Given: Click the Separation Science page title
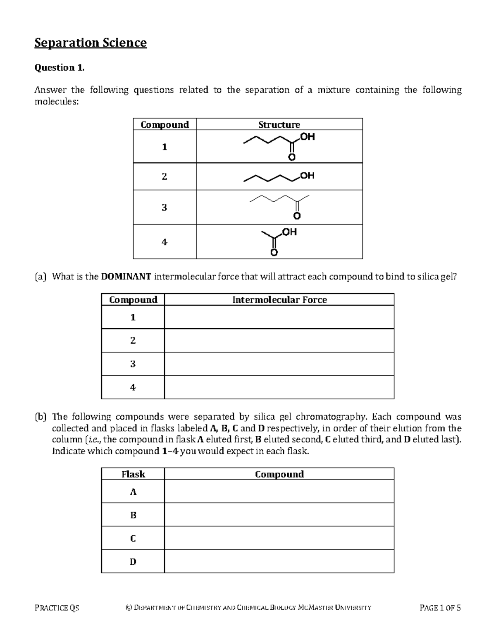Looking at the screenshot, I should (x=91, y=43).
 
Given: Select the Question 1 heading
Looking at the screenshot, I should (x=59, y=68).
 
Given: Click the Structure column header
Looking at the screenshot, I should (x=279, y=124).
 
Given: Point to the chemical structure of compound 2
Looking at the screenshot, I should (x=279, y=177).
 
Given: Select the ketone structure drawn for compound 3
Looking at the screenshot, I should (x=279, y=206).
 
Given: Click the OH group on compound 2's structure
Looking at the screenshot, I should (x=307, y=176).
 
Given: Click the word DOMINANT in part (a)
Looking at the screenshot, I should (x=126, y=277).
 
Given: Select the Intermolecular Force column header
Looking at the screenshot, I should (x=279, y=300).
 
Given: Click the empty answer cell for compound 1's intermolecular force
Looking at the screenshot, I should (x=279, y=317).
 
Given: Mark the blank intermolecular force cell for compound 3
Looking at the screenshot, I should (x=279, y=364).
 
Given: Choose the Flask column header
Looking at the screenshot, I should (x=133, y=474).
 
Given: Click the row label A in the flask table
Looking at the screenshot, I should (x=133, y=492).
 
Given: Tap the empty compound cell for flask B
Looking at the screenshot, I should (x=279, y=515).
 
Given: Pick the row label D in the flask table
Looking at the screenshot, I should (x=133, y=561).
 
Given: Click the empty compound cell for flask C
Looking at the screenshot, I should (x=279, y=538).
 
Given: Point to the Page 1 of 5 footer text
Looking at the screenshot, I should (x=440, y=608).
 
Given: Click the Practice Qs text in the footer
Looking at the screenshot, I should (x=57, y=608).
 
